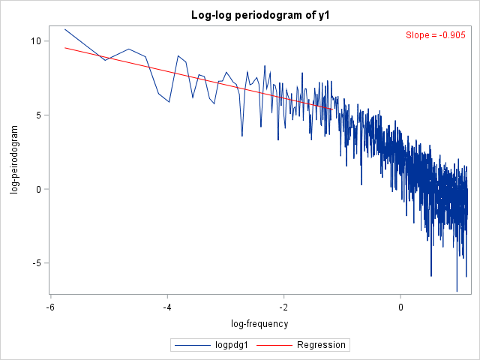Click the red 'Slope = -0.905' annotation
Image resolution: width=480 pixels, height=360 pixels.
click(435, 35)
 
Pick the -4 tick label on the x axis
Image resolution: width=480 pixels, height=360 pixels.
click(167, 307)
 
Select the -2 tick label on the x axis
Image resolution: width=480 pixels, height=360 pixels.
click(284, 307)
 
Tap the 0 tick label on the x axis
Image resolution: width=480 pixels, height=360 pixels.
click(401, 307)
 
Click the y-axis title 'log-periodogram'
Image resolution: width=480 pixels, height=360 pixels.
click(14, 160)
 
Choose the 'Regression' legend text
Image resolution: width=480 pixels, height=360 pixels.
click(321, 345)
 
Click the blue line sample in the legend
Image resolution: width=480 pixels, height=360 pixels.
click(193, 345)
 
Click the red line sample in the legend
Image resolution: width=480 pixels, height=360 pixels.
click(275, 345)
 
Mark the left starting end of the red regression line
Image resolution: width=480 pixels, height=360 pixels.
click(65, 48)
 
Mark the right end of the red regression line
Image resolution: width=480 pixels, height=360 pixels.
click(333, 109)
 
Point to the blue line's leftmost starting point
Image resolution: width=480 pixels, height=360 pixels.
click(65, 29)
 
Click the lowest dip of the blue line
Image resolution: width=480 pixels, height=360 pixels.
click(457, 291)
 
